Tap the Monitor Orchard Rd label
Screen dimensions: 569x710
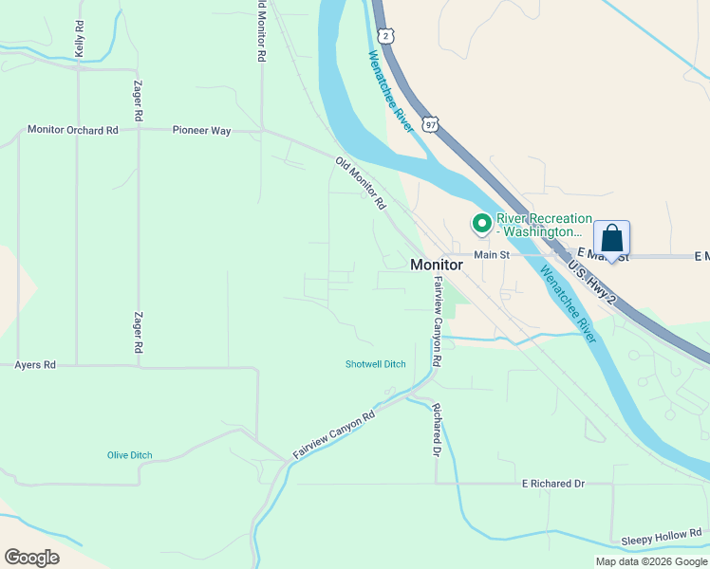(73, 130)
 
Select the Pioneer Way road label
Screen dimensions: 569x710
(201, 131)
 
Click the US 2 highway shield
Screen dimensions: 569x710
(384, 35)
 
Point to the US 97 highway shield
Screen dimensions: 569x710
(431, 124)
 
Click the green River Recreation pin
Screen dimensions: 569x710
(482, 224)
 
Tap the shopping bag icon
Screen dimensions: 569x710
(612, 238)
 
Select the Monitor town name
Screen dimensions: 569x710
(437, 266)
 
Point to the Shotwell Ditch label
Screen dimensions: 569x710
(375, 364)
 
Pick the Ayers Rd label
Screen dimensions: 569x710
(35, 364)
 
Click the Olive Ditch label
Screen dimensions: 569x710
(129, 455)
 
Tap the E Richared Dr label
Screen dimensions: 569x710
(553, 484)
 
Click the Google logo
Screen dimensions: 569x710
(31, 558)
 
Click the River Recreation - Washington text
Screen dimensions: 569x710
(544, 225)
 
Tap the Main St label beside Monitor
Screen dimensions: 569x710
(492, 254)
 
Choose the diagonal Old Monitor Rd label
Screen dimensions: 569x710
(361, 183)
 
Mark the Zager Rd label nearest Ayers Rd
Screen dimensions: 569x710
(139, 334)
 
